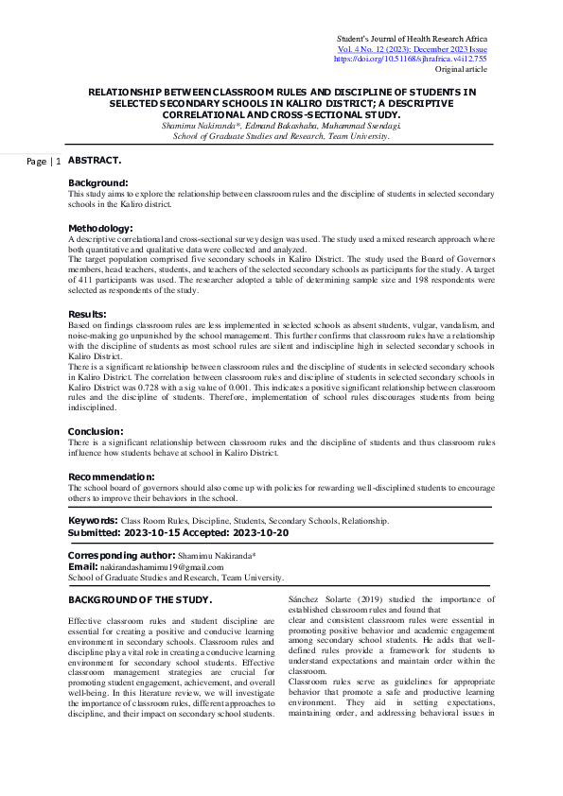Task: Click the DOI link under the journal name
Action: pos(410,59)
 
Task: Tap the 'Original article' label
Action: pos(461,70)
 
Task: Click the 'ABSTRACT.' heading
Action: pos(95,161)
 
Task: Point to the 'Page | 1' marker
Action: pos(44,163)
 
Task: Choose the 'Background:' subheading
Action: pos(97,182)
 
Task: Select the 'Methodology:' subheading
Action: pos(100,228)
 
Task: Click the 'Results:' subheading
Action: pos(87,314)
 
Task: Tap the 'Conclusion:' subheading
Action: pos(95,431)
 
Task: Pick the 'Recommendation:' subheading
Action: pos(111,476)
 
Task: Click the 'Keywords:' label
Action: pos(93,521)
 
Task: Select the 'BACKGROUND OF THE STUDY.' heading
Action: pos(140,600)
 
